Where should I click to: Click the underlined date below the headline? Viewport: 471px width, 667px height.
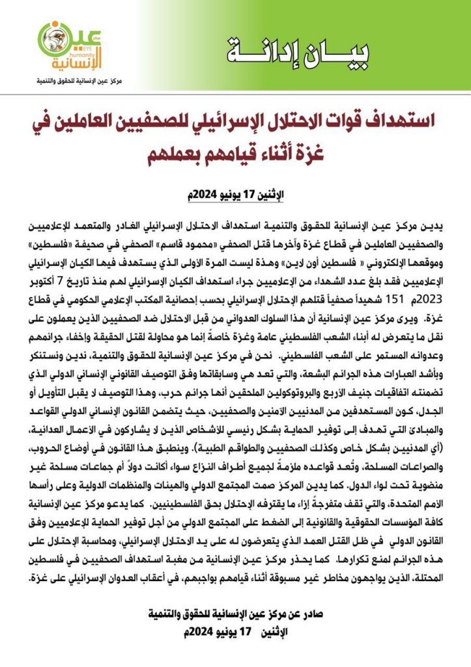point(236,193)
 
